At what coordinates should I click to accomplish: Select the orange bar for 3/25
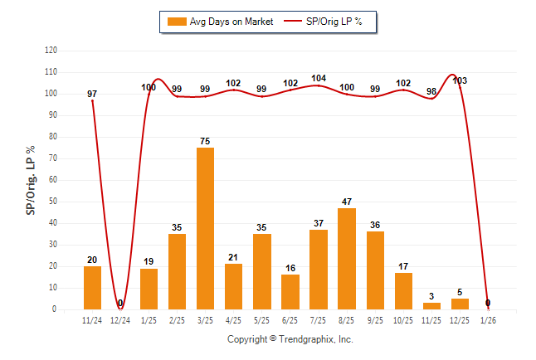point(205,228)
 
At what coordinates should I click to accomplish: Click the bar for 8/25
point(346,258)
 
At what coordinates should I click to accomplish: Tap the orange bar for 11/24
point(92,287)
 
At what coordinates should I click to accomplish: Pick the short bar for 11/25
point(431,305)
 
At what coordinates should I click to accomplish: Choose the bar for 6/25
point(290,291)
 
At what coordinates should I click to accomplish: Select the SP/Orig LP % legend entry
point(328,22)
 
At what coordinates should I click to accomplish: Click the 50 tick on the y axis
point(53,202)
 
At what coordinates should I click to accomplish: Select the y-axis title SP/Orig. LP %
point(31,179)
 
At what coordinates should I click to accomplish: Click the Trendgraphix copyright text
point(290,339)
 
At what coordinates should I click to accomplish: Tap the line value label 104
point(319,78)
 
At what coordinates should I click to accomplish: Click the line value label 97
point(92,94)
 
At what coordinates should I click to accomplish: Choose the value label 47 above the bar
point(346,202)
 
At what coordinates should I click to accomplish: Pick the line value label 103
point(460,80)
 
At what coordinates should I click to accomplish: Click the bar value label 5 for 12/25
point(460,292)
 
